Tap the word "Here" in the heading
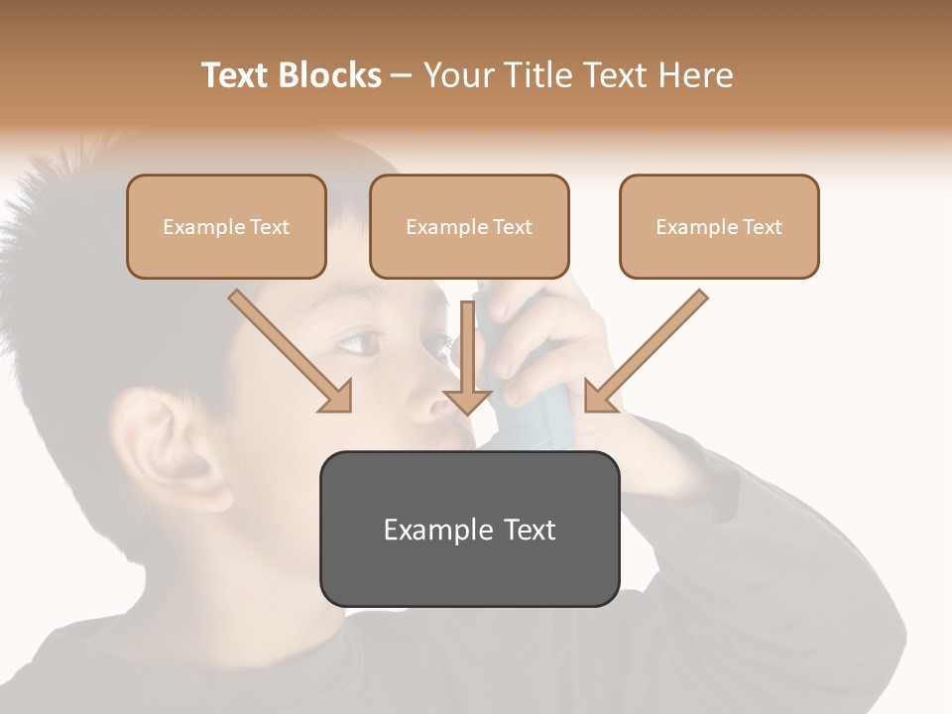pyautogui.click(x=695, y=75)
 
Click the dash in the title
pyautogui.click(x=403, y=75)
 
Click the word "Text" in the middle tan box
pyautogui.click(x=512, y=227)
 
